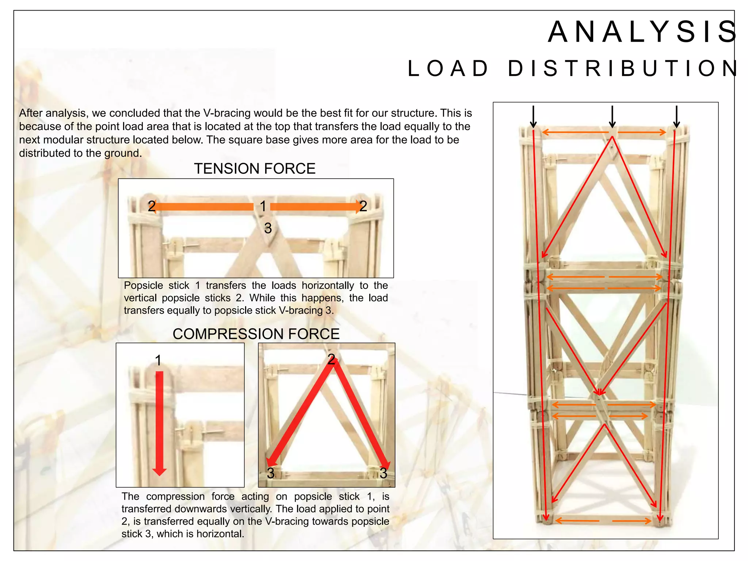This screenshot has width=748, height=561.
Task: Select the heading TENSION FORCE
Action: tap(255, 169)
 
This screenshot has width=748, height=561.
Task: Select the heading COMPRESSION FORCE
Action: tap(256, 334)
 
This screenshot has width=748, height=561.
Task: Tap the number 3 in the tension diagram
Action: tap(268, 229)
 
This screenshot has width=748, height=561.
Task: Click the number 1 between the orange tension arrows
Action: tap(263, 206)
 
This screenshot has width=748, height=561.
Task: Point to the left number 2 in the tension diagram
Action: tap(152, 206)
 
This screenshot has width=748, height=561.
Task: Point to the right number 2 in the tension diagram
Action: tap(363, 206)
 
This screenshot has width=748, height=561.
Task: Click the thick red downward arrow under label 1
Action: tap(159, 424)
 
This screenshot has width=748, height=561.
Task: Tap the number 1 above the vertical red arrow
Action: tap(158, 360)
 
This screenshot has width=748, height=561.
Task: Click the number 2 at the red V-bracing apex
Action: tap(331, 359)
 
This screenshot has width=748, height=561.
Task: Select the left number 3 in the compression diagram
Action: tap(271, 473)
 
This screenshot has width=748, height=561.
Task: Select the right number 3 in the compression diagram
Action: tap(383, 473)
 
